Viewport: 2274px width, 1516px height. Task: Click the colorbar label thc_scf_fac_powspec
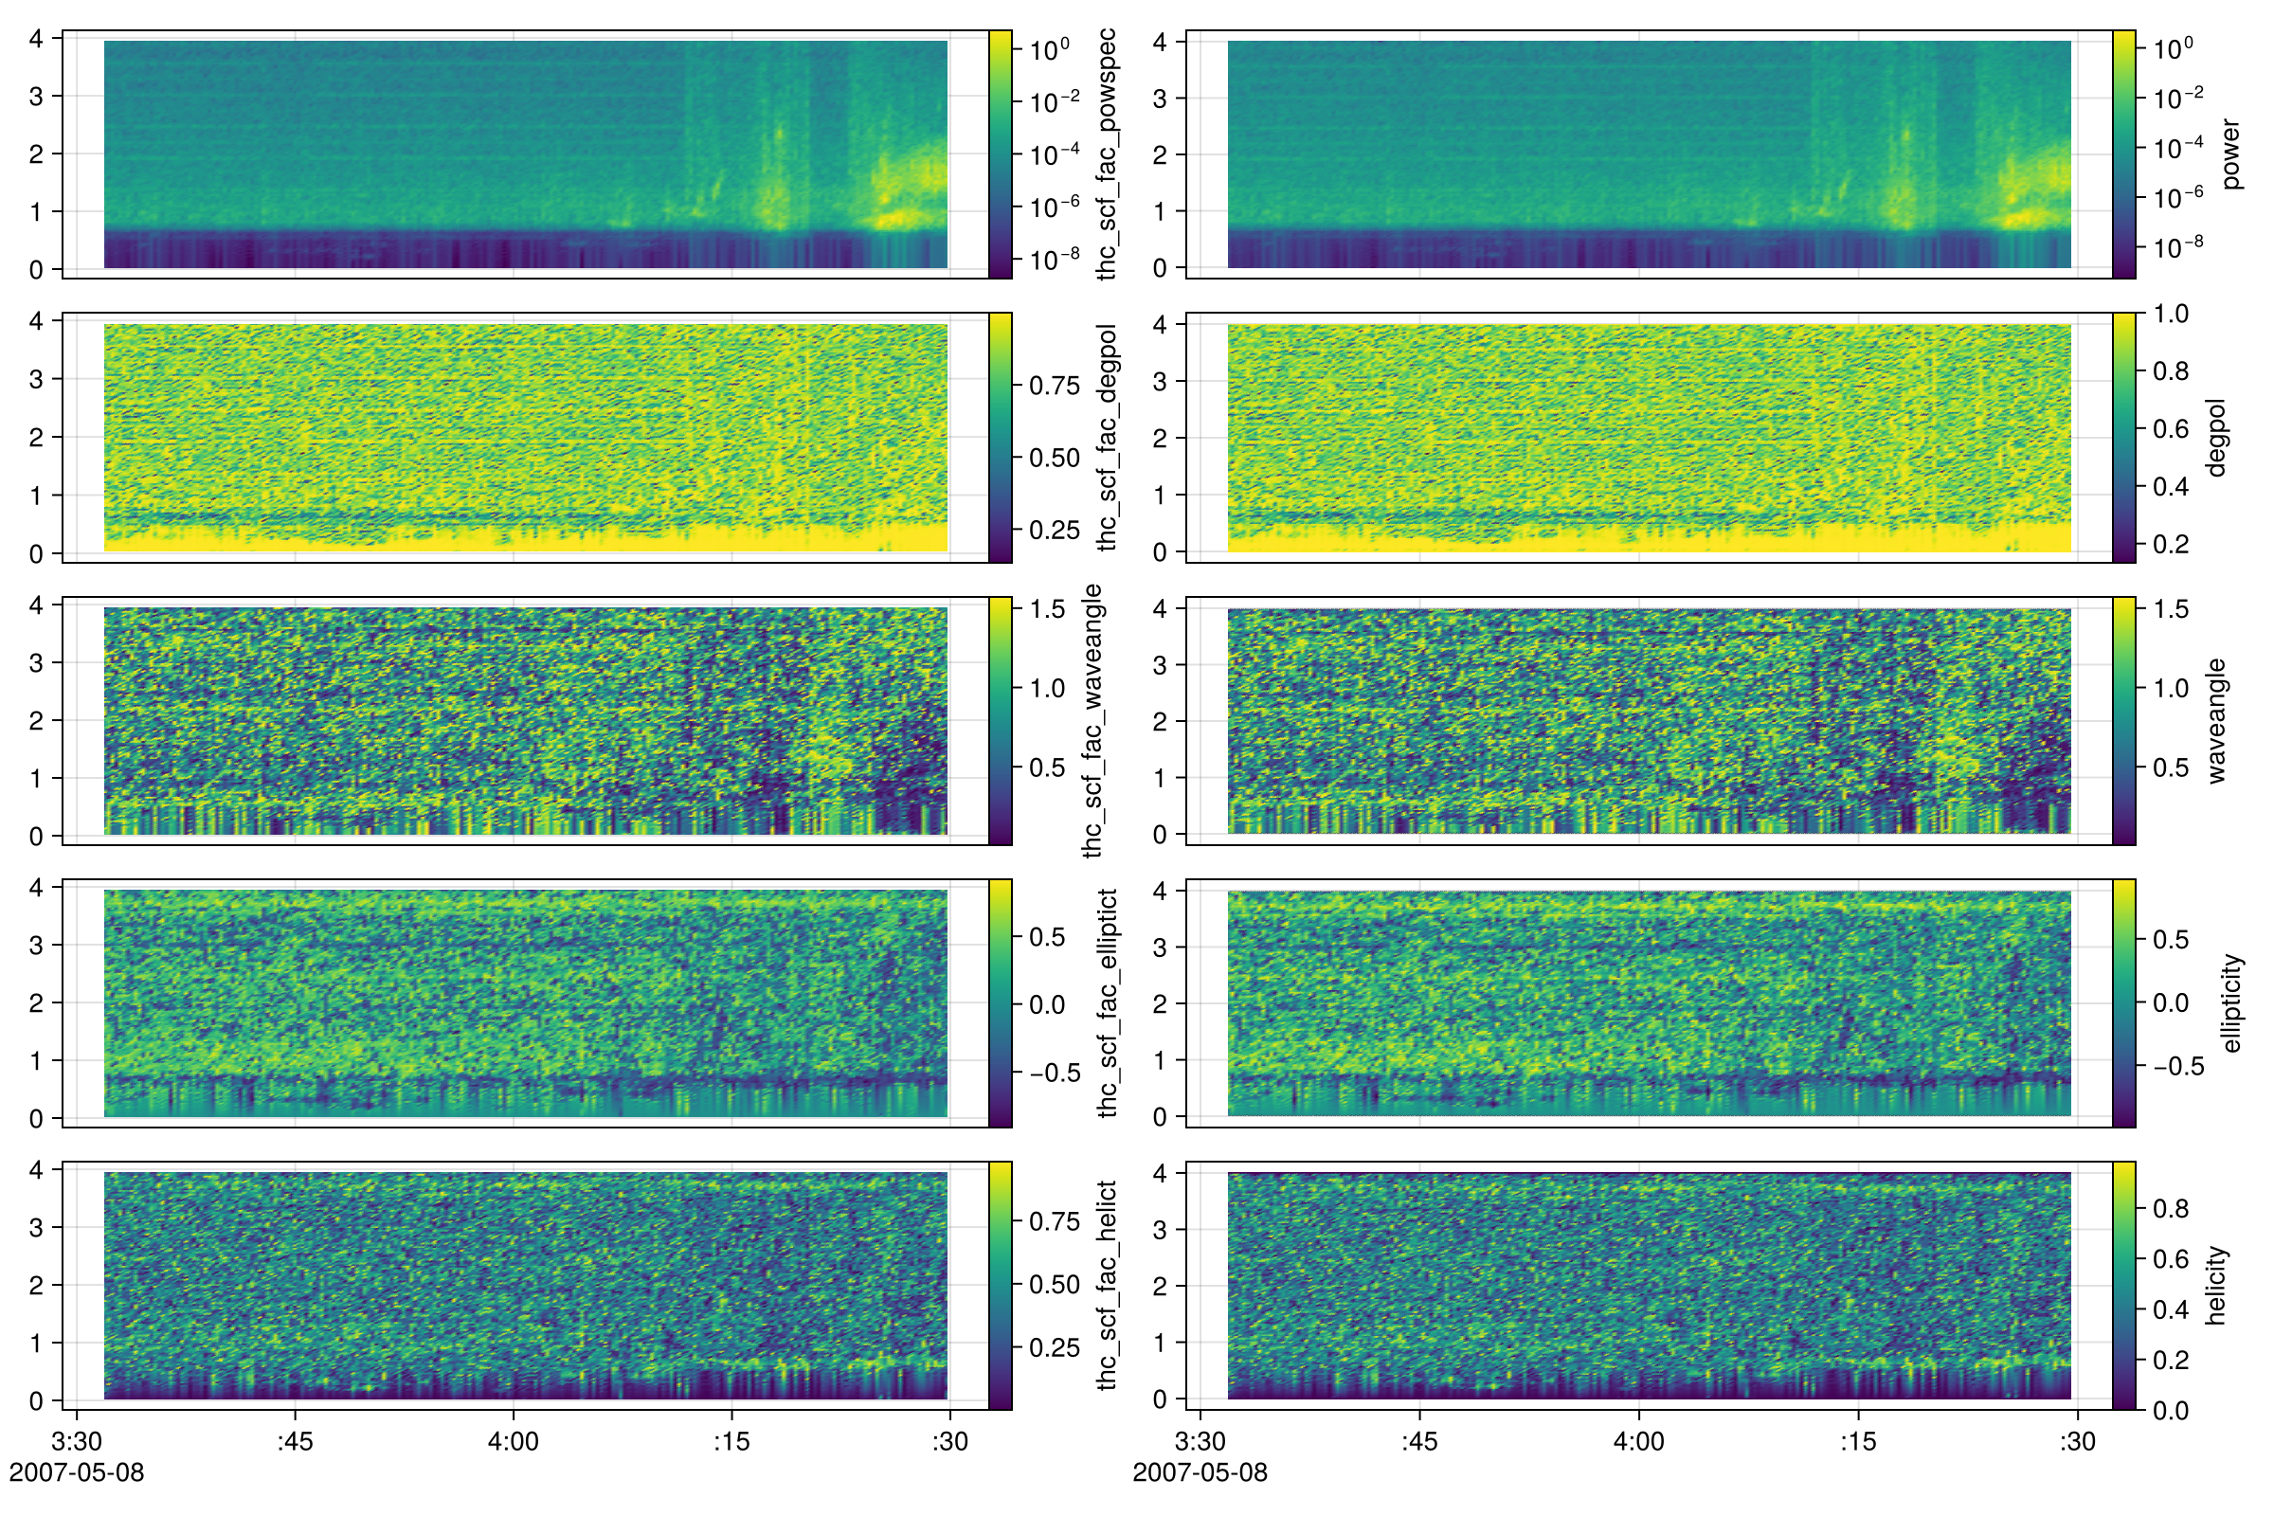point(1107,154)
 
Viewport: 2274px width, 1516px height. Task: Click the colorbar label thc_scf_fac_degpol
point(1107,438)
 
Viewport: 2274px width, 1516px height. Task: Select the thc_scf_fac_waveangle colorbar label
point(1092,721)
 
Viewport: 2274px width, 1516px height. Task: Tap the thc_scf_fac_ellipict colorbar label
point(1107,1003)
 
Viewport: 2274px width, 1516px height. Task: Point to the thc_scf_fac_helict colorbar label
point(1107,1286)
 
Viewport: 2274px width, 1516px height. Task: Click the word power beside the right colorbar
point(2230,154)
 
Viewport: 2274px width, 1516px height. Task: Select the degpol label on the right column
point(2216,438)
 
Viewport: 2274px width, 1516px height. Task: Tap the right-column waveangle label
point(2216,721)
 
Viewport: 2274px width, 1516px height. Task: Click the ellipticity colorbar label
point(2230,1003)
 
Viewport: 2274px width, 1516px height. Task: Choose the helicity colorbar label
point(2216,1286)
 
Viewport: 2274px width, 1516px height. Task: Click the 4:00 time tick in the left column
point(513,1441)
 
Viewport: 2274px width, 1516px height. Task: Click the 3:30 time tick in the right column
point(1200,1441)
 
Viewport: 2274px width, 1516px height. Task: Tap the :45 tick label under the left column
point(295,1441)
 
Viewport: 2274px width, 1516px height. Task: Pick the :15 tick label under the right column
point(1856,1441)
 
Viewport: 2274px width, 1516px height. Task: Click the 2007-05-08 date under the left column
point(77,1472)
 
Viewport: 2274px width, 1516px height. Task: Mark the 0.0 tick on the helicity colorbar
point(2171,1411)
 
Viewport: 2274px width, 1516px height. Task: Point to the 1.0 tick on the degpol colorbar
point(2171,314)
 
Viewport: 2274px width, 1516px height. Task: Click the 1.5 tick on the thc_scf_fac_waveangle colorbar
point(1047,609)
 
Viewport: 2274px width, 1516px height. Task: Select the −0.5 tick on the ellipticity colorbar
point(2178,1067)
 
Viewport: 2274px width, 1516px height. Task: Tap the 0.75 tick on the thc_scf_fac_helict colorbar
point(1054,1221)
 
